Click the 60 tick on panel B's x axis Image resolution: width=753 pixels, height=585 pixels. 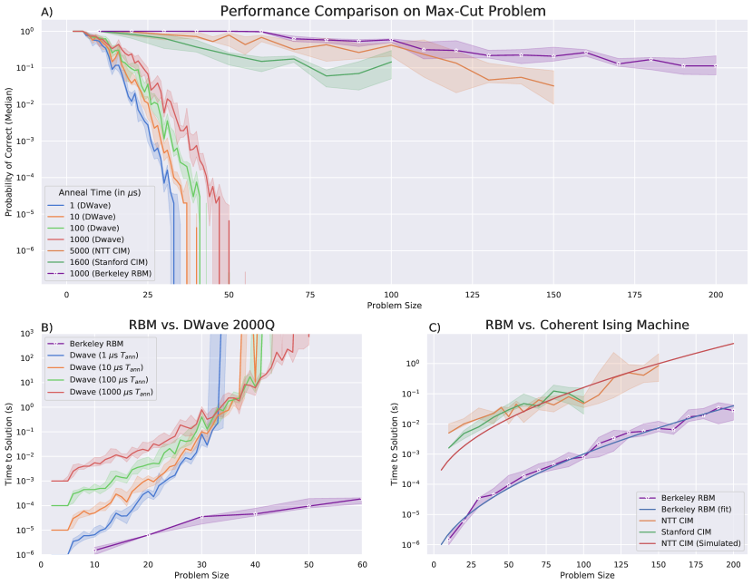pos(361,565)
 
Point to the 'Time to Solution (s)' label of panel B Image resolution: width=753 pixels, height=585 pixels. pos(9,445)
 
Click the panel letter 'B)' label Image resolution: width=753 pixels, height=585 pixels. pos(48,327)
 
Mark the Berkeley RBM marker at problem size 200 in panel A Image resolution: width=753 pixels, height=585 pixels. pos(716,65)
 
